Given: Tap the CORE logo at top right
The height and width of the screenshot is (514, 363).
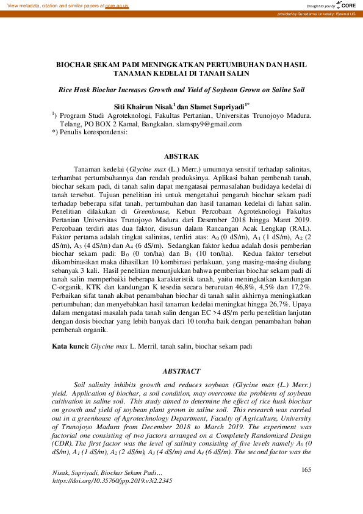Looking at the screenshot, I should pos(348,4).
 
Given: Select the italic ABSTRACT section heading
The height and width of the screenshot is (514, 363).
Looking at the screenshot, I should pos(182,371).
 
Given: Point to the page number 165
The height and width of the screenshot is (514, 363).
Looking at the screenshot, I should pos(306,469).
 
